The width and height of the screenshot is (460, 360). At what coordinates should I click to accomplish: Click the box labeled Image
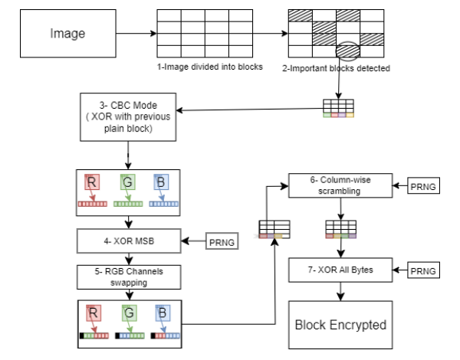68,33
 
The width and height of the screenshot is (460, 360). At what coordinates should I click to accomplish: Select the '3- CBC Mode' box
127,116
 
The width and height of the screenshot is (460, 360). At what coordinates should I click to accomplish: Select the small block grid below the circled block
337,107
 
